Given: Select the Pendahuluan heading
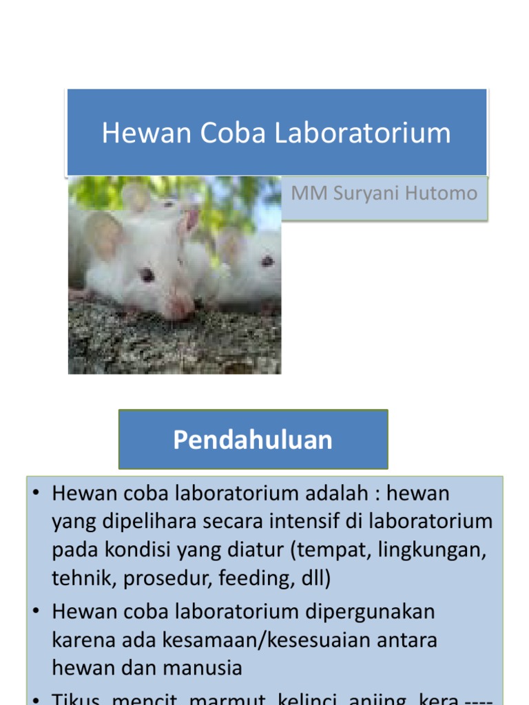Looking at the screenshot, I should [253, 440].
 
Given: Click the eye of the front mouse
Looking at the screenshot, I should [147, 275].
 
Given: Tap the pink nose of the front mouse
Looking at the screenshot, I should [181, 308].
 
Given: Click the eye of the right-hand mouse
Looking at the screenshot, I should [267, 261].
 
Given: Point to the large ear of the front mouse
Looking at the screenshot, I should [105, 234].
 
